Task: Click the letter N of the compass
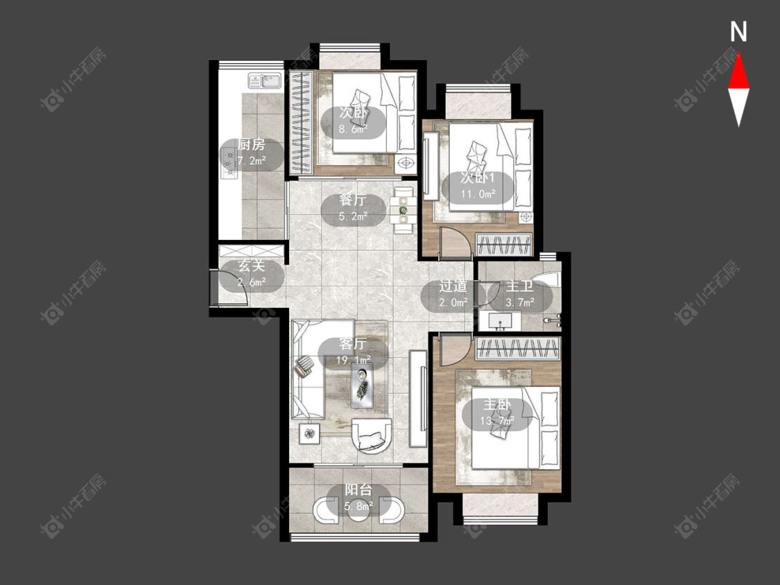[738, 32]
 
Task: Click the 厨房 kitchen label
[251, 145]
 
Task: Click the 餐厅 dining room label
[353, 200]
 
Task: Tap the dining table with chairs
[403, 210]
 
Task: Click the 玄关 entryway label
[251, 266]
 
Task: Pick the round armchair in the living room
[372, 436]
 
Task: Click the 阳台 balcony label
[358, 490]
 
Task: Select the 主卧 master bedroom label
[496, 405]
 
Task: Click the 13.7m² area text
[497, 421]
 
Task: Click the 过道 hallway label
[453, 286]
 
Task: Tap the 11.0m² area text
[478, 194]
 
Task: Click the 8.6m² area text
[353, 130]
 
